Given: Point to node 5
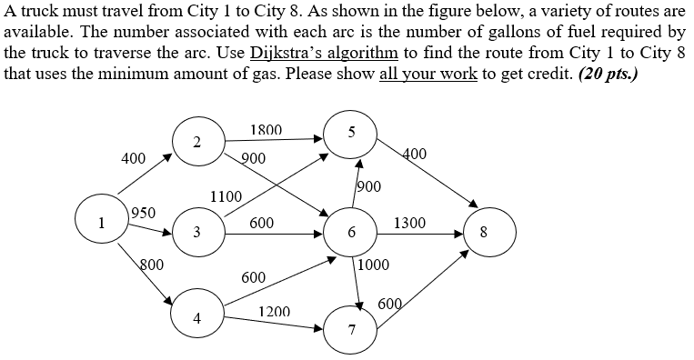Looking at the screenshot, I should click(351, 133).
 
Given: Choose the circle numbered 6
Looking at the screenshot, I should click(351, 233).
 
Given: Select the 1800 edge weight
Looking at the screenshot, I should click(266, 130).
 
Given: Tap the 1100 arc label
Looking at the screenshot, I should click(226, 196).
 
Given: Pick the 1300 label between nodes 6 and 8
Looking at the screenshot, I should click(408, 223).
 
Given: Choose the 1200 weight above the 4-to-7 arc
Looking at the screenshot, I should click(274, 312).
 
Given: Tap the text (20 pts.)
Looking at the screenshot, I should click(605, 72).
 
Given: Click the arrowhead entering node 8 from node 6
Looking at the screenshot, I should click(464, 233).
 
